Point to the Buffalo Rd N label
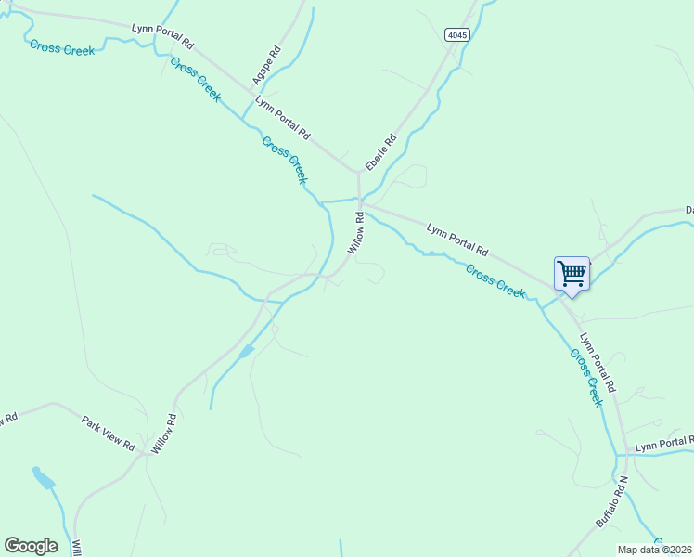(x=611, y=502)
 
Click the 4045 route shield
(x=456, y=34)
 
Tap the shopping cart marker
(x=572, y=274)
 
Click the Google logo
(x=31, y=546)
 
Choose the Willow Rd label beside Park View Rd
(x=163, y=434)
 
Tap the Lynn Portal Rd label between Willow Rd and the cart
(x=456, y=239)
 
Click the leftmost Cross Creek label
(x=62, y=47)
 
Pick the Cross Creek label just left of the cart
(x=495, y=281)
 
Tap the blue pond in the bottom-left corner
(x=42, y=479)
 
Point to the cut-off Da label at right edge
(x=689, y=210)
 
